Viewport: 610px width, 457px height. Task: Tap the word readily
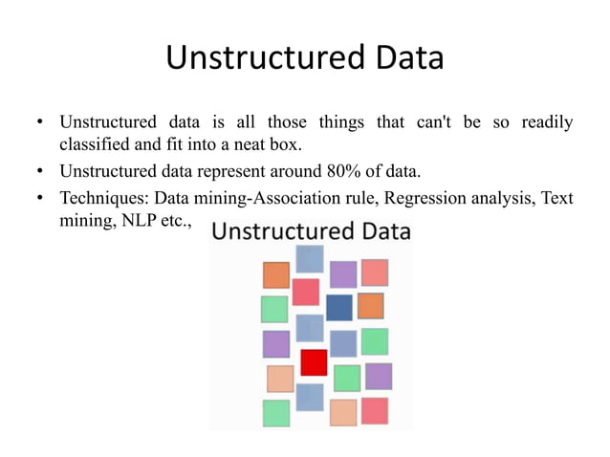pyautogui.click(x=547, y=123)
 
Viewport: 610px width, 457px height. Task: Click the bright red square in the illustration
pyautogui.click(x=314, y=362)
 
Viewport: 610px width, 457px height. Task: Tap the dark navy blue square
pyautogui.click(x=338, y=307)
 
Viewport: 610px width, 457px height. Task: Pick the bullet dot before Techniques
pyautogui.click(x=40, y=199)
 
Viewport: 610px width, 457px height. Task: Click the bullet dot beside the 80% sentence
pyautogui.click(x=40, y=172)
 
